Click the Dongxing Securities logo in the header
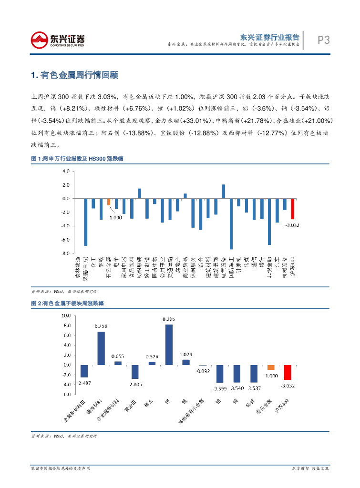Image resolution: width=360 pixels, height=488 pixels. pyautogui.click(x=58, y=39)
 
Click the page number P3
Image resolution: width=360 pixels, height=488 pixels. pyautogui.click(x=324, y=40)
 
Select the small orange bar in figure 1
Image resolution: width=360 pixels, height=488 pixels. pyautogui.click(x=109, y=202)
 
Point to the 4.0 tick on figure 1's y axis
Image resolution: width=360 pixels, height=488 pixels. pyautogui.click(x=66, y=171)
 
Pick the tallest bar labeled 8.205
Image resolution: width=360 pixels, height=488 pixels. pyautogui.click(x=169, y=344)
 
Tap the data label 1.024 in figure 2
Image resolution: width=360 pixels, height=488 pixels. pyautogui.click(x=185, y=354)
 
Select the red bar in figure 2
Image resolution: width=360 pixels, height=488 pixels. pyautogui.click(x=288, y=372)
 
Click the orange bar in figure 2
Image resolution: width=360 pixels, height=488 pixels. pyautogui.click(x=271, y=367)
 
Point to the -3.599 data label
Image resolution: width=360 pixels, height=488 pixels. pyautogui.click(x=220, y=388)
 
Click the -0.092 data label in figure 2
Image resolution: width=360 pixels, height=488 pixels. pyautogui.click(x=203, y=370)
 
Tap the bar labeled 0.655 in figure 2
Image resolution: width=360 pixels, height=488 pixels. pyautogui.click(x=118, y=363)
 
